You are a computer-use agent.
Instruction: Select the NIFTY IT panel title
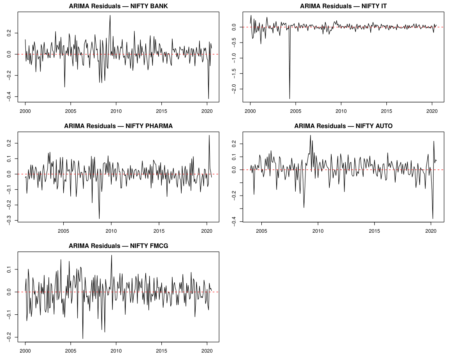tap(343, 6)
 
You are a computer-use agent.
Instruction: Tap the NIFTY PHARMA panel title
tap(118, 126)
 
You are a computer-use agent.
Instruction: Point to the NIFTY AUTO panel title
tap(343, 126)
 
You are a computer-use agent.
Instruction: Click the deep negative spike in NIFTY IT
tap(289, 98)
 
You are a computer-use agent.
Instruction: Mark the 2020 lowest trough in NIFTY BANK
tap(209, 98)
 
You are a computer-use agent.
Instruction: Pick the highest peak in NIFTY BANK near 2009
tap(110, 16)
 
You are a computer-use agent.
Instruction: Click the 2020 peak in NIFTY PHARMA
tap(209, 135)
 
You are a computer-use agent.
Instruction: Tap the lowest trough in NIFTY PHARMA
tap(99, 218)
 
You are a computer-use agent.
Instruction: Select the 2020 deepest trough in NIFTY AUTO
tap(433, 218)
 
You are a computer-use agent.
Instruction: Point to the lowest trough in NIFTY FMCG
tap(83, 338)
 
